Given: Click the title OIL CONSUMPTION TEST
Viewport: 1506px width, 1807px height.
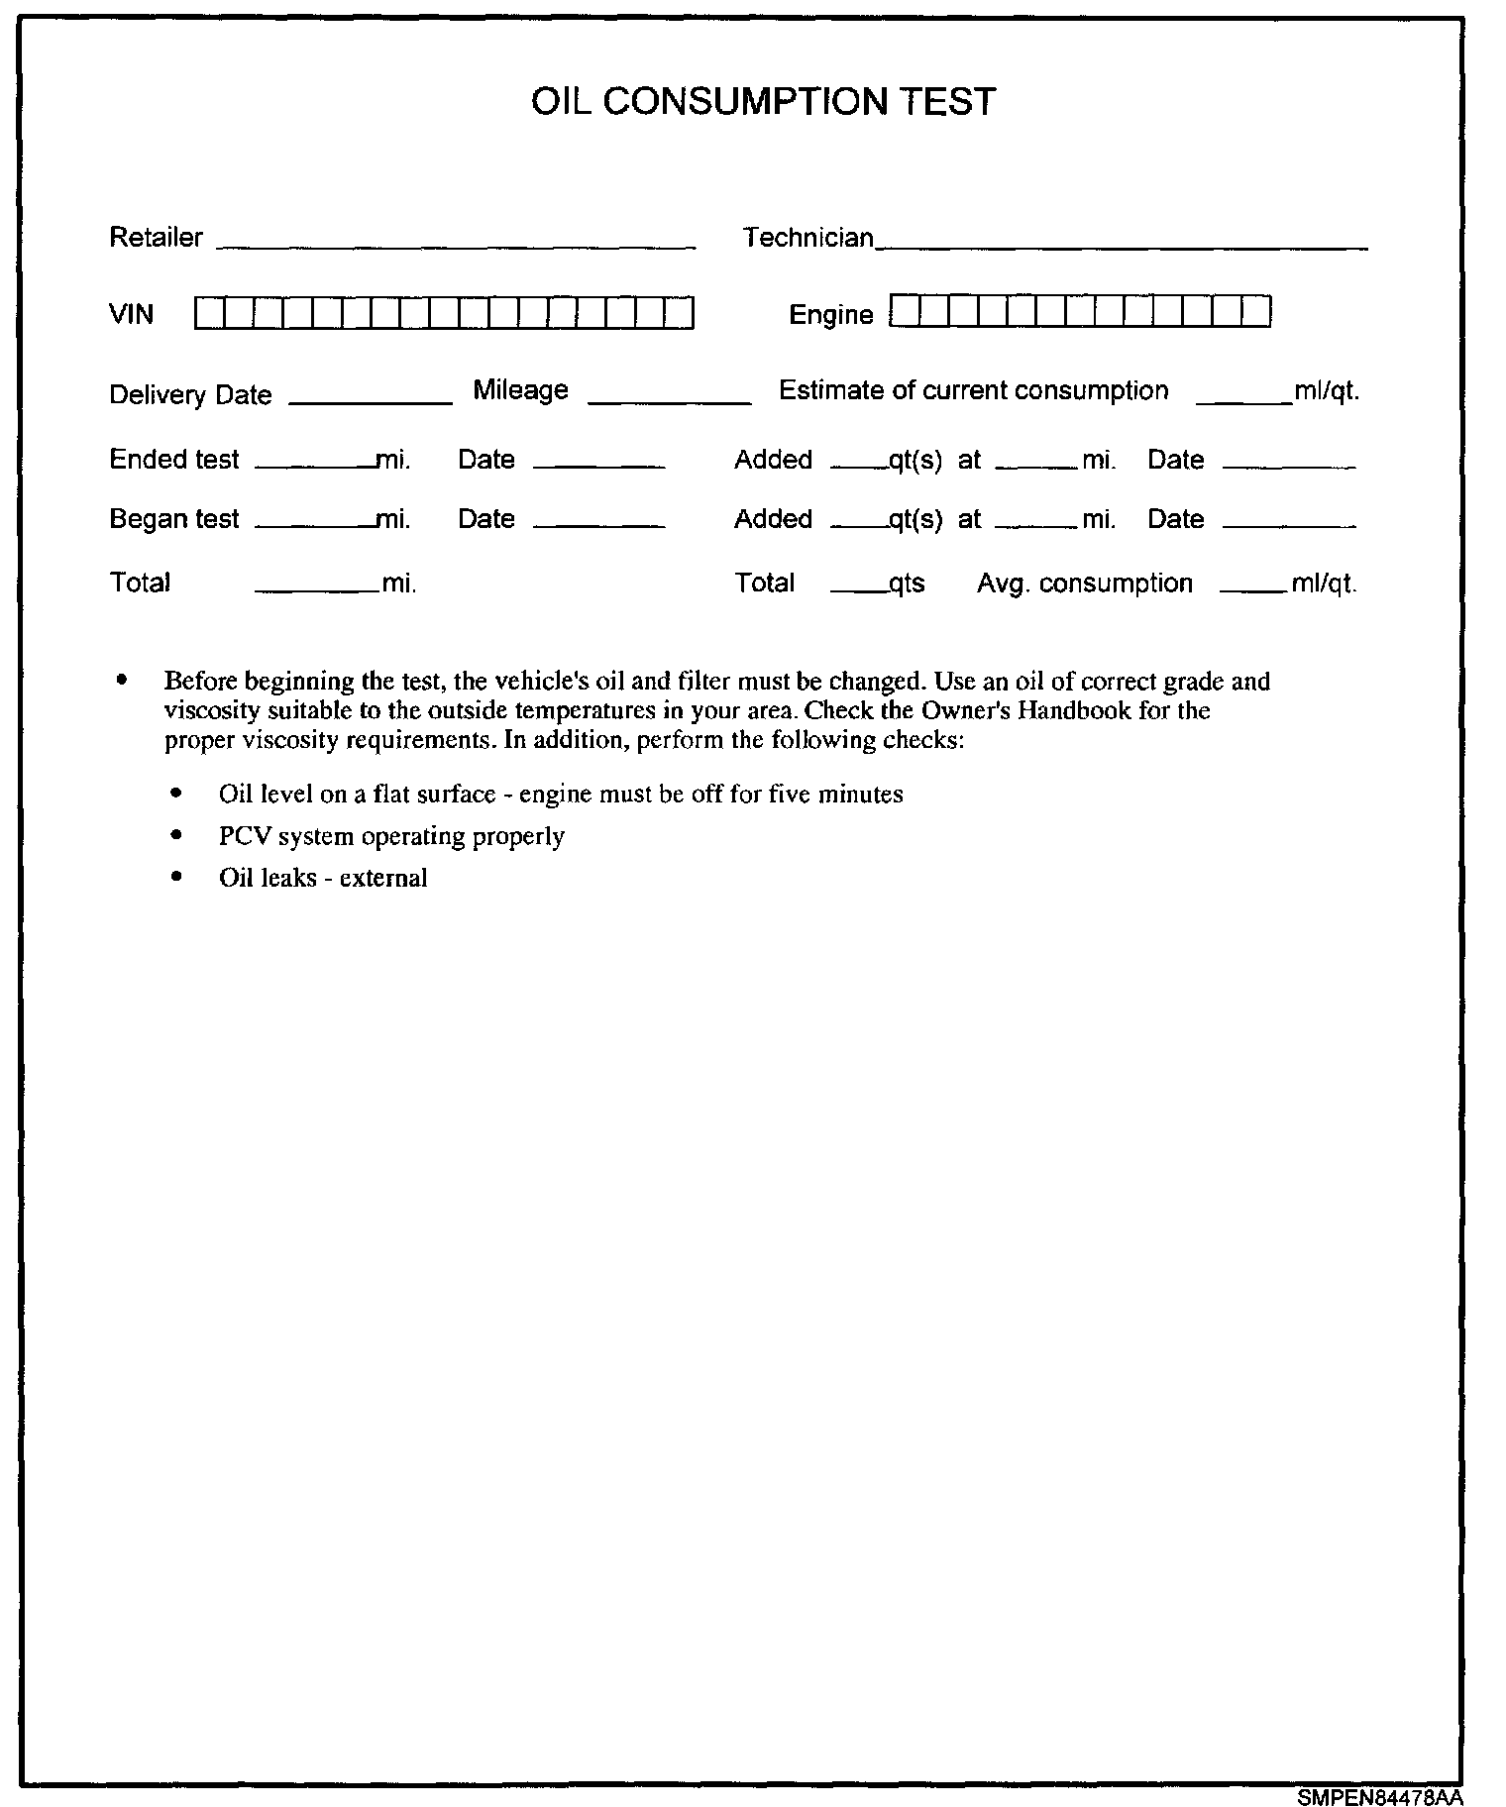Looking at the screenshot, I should [763, 102].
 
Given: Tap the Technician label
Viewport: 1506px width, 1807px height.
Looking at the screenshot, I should [808, 238].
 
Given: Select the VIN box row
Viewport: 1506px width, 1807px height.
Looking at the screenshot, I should [444, 313].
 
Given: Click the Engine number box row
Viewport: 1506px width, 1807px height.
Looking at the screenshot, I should [1080, 312].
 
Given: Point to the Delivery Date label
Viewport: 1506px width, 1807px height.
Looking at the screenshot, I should [190, 395].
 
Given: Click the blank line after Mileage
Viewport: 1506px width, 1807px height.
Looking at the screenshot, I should [670, 400].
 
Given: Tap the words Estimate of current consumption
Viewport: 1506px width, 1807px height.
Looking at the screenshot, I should [973, 390].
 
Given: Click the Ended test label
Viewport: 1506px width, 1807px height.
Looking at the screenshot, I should [174, 460].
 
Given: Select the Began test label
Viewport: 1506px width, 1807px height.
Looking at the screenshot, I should [174, 519].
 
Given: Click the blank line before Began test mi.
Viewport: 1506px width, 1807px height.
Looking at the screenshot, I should [315, 525].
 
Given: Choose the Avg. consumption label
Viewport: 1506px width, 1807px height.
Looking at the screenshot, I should [1084, 584].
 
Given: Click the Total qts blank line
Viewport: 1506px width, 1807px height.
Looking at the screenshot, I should [858, 590].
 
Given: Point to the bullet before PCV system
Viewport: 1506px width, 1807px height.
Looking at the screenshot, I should [176, 835].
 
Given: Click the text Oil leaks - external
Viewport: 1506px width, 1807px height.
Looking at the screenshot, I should [323, 878].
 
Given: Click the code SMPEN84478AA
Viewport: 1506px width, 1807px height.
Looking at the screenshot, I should [1379, 1796].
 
